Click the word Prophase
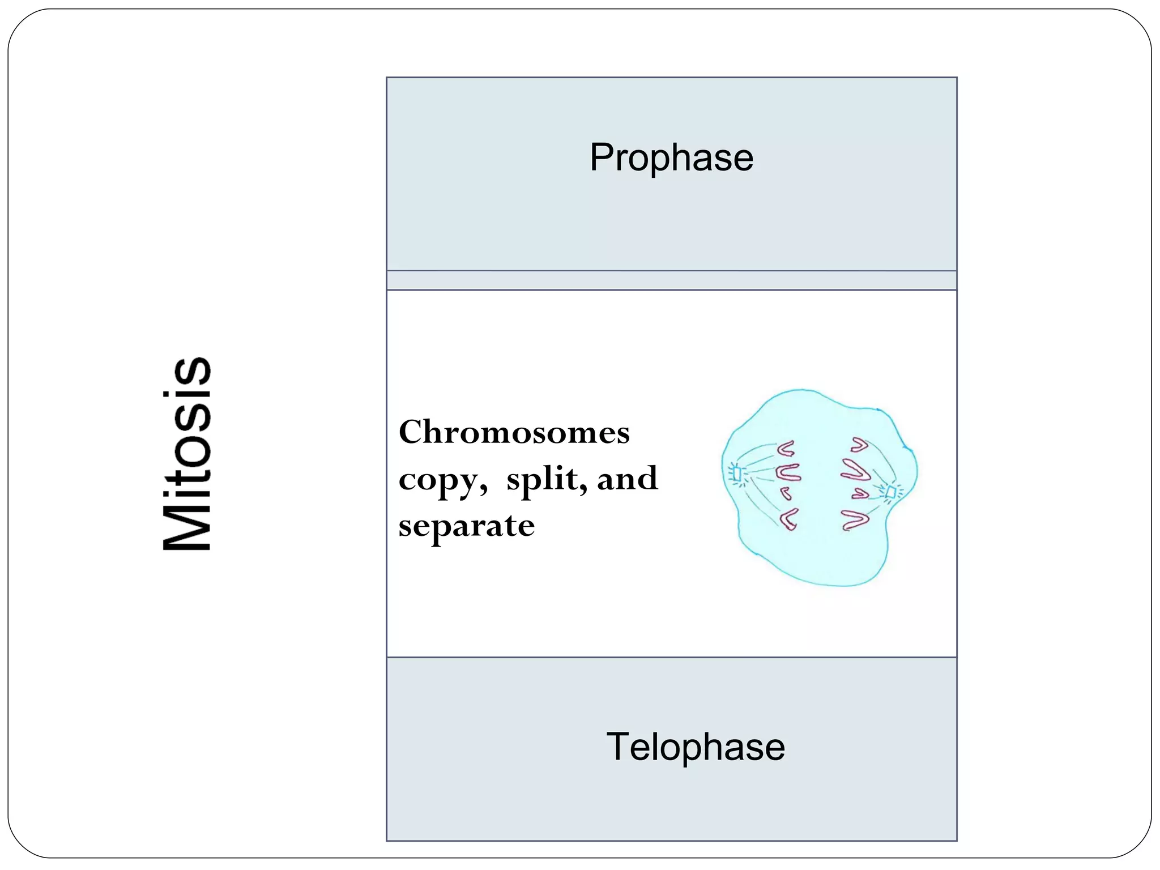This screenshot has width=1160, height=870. coord(671,158)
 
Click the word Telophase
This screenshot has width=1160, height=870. coord(696,747)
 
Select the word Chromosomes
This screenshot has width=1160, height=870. coord(514,432)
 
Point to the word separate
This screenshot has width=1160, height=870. coord(466,525)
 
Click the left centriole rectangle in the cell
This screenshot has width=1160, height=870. coord(737,473)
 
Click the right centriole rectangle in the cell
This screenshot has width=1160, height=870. coord(890,492)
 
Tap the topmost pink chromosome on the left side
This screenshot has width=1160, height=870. coord(786,449)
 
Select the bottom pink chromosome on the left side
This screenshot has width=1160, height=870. coord(789,519)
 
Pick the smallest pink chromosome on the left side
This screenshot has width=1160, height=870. coord(786,493)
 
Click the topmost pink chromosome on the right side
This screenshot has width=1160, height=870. coord(859,445)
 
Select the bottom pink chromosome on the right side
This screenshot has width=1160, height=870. coord(854,519)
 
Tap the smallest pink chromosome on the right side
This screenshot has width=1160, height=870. coord(860,494)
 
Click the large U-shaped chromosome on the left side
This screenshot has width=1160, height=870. coord(788,472)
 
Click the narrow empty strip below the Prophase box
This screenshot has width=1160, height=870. coord(671,280)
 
